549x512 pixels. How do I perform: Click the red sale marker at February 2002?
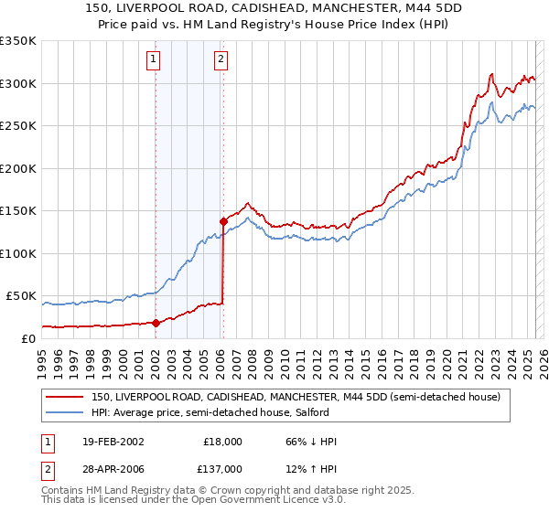pos(156,323)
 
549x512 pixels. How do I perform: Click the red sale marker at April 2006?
pos(222,220)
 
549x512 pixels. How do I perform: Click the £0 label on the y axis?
pos(27,338)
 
